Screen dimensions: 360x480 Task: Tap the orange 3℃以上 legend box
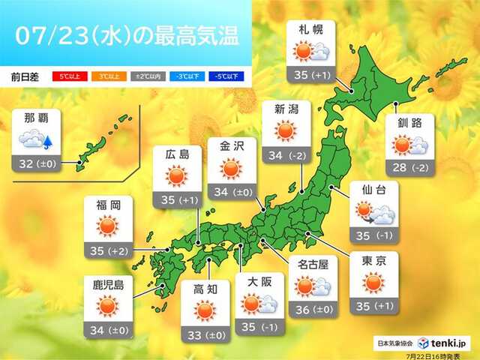coord(103,76)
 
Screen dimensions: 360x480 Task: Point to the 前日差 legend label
coord(27,76)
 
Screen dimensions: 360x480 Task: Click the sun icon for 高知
coord(204,310)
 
